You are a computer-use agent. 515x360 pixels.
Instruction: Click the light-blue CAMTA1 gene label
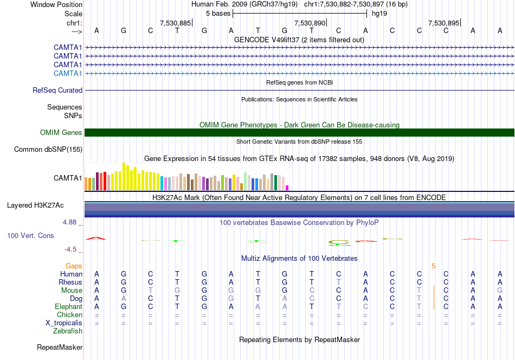tap(68, 73)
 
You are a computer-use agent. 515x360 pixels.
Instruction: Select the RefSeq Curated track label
tap(57, 90)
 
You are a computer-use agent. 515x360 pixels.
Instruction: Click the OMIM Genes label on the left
tap(61, 132)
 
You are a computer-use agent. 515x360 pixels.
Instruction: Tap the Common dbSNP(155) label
tap(48, 149)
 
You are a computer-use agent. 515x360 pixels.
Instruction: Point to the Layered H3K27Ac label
tap(35, 205)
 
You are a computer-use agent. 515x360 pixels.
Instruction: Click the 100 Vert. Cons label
tap(30, 235)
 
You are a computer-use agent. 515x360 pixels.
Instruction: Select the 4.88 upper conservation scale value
tap(69, 222)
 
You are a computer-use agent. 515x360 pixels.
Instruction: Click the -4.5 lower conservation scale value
tap(70, 249)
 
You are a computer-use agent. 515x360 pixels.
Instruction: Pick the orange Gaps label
tap(74, 266)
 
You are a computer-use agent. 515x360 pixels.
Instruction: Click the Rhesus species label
tap(70, 282)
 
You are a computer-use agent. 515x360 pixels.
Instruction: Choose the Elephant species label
tap(68, 306)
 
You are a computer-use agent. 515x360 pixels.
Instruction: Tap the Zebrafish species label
tap(68, 331)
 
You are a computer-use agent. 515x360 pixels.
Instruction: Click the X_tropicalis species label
tap(64, 323)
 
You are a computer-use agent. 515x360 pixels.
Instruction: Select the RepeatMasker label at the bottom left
tap(60, 347)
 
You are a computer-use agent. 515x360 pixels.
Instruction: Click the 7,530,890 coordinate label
tap(310, 23)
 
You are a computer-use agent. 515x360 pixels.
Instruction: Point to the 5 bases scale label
tap(218, 14)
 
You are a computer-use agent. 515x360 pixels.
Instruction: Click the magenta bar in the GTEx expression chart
tap(287, 188)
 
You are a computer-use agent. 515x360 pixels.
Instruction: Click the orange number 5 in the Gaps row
tap(434, 266)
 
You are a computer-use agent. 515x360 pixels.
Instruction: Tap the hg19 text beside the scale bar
tap(379, 14)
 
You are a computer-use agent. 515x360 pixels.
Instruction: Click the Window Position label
tap(56, 4)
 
